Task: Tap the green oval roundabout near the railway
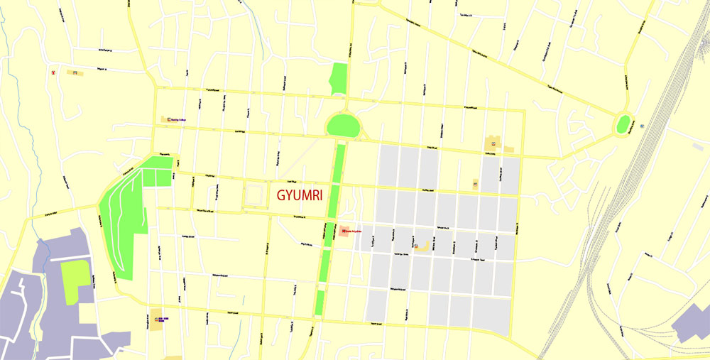pos(624,124)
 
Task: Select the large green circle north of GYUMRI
pos(344,126)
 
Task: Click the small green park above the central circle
pos(340,78)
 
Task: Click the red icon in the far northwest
pos(53,72)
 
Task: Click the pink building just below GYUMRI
pos(344,232)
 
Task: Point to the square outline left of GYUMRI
pos(254,195)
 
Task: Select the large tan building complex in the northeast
pos(493,143)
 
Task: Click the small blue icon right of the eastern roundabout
pos(642,126)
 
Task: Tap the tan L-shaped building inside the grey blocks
pos(424,246)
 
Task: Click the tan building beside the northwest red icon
pos(73,72)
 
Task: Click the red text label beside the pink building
pos(354,231)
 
